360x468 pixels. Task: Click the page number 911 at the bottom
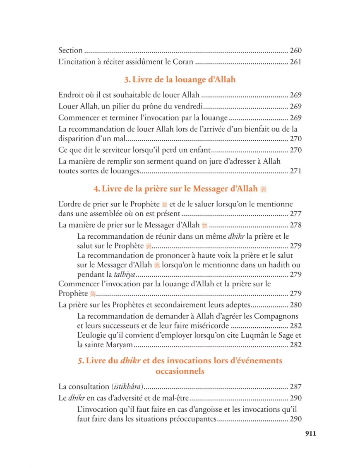coord(310,433)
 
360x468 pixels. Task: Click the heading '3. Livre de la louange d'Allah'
coord(180,79)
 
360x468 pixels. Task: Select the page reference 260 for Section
coord(296,50)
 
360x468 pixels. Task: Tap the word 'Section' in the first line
coord(70,50)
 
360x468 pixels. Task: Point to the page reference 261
coord(296,62)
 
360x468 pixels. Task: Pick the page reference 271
coord(296,170)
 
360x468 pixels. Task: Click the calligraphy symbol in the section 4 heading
coord(263,189)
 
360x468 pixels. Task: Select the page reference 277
coord(296,214)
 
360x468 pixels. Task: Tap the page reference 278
coord(296,226)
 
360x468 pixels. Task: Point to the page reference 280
coord(296,305)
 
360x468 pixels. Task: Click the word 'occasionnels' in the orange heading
coord(180,371)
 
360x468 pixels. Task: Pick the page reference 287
coord(296,387)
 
